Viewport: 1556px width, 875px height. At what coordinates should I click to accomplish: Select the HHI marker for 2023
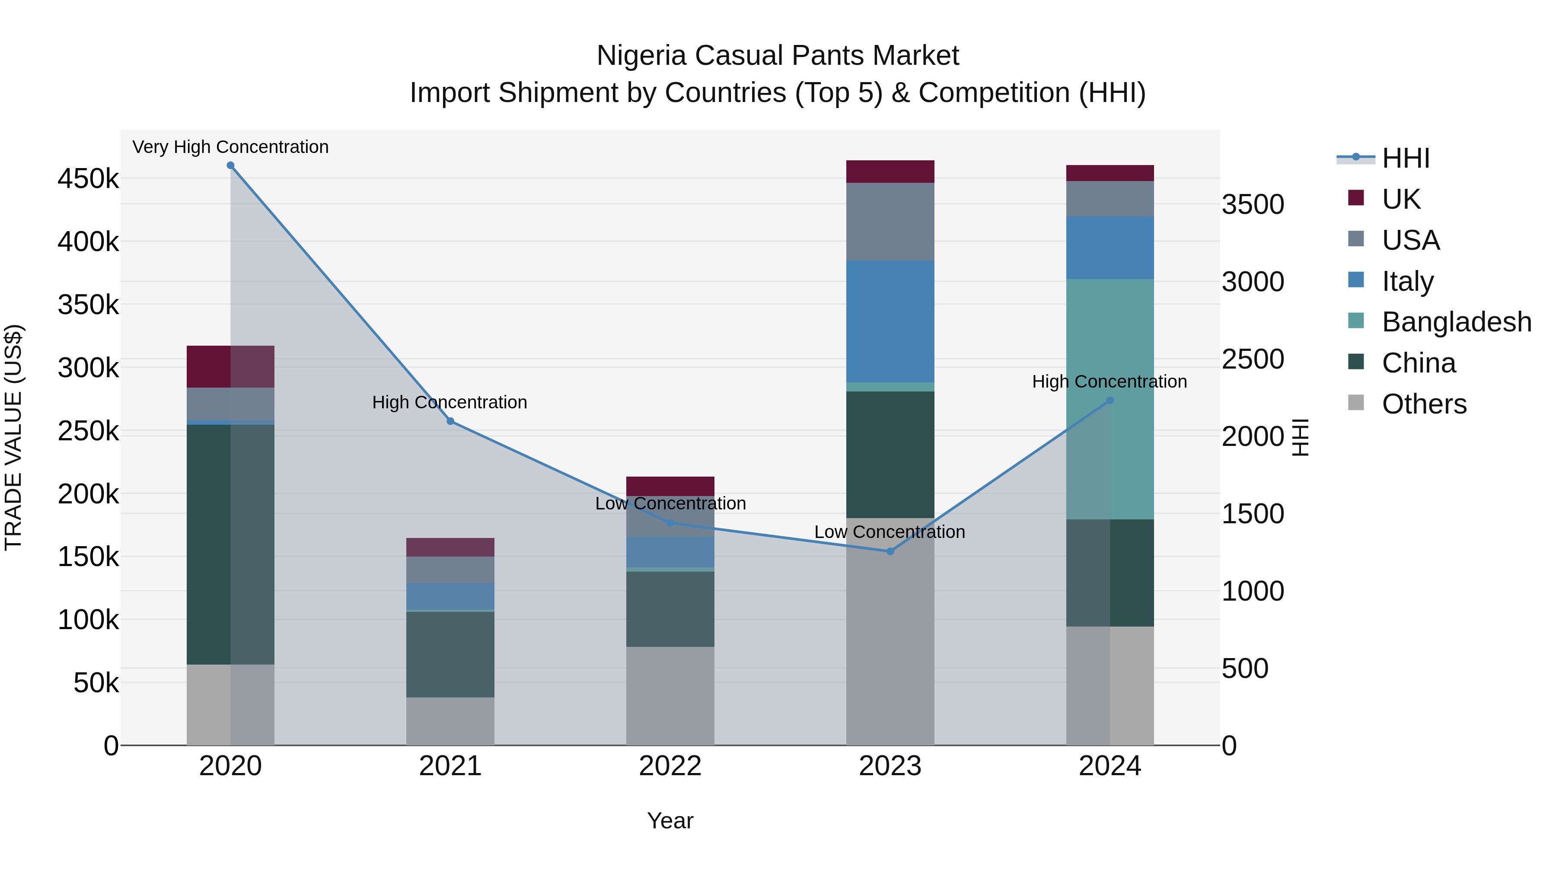coord(890,551)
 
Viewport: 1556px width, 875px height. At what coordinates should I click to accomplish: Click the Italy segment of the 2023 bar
coord(890,321)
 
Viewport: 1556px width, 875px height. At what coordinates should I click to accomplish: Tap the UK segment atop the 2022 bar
coord(670,486)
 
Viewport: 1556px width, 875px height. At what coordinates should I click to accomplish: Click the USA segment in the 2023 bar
coord(890,222)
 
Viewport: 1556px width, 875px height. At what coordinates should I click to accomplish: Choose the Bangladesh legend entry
coord(1456,322)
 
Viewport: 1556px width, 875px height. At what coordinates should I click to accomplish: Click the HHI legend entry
coord(1405,158)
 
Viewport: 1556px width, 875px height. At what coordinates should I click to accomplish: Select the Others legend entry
coord(1424,404)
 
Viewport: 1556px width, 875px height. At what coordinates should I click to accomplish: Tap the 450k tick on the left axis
coord(88,179)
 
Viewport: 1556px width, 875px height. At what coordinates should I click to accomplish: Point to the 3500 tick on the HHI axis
coord(1253,205)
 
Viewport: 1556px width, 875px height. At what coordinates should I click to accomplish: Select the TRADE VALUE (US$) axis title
coord(13,437)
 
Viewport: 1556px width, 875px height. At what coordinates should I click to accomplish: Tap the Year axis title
coord(670,821)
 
